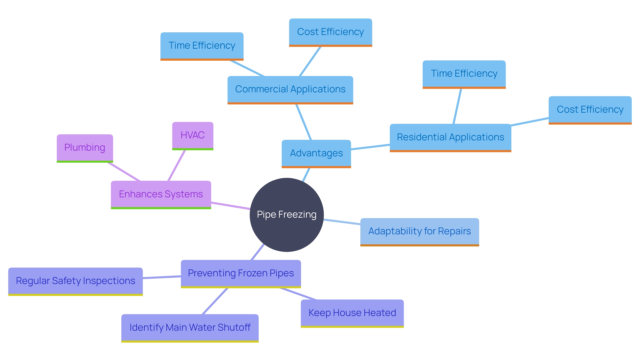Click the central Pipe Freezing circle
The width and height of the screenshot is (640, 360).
pyautogui.click(x=287, y=215)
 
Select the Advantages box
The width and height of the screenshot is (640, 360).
pyautogui.click(x=316, y=153)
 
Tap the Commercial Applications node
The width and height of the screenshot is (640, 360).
pyautogui.click(x=290, y=89)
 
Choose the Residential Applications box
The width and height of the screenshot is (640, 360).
pyautogui.click(x=450, y=137)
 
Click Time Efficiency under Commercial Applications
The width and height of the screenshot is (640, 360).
pyautogui.click(x=202, y=46)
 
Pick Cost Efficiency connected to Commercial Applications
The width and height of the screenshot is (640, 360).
pyautogui.click(x=330, y=32)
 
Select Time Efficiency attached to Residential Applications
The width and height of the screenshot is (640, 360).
pyautogui.click(x=464, y=74)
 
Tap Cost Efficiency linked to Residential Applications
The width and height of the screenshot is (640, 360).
pyautogui.click(x=590, y=110)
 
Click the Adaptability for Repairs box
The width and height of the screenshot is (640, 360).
pyautogui.click(x=419, y=231)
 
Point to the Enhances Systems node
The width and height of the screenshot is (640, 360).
pyautogui.click(x=161, y=194)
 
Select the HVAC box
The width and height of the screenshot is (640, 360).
pyautogui.click(x=193, y=135)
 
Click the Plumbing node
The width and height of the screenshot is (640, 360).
pyautogui.click(x=85, y=148)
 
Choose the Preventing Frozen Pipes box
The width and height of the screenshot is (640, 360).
pyautogui.click(x=241, y=273)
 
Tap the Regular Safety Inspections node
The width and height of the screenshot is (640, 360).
pyautogui.click(x=75, y=281)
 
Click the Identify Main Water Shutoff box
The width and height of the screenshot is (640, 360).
pyautogui.click(x=190, y=328)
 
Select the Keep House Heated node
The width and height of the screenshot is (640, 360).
pyautogui.click(x=352, y=313)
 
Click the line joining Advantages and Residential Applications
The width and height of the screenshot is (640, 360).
pyautogui.click(x=370, y=147)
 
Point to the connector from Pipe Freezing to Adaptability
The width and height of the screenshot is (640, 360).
pyautogui.click(x=342, y=222)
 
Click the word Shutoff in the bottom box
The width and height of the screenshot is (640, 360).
pyautogui.click(x=234, y=328)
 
